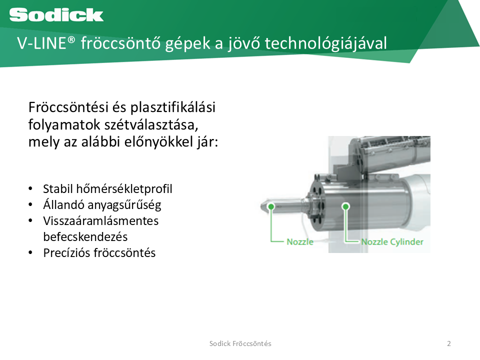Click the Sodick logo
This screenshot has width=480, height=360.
point(56,15)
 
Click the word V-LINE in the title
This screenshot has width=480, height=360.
point(41,43)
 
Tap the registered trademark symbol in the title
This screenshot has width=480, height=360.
point(71,40)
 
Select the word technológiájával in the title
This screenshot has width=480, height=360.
point(325,43)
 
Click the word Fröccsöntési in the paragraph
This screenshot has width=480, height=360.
point(68,107)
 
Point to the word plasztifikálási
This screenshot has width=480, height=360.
point(173,108)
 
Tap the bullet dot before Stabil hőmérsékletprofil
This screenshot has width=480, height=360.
point(30,188)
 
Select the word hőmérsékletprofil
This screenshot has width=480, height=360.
point(124,189)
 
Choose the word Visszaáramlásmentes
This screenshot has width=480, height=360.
point(101,221)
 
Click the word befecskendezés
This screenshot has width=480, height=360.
point(85,237)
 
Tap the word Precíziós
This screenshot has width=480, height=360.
point(66,253)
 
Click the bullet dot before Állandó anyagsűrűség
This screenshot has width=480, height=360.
point(30,204)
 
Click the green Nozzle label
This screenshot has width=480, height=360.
point(300,242)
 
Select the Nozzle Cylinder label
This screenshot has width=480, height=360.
point(392,242)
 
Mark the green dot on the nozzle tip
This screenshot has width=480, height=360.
point(271,206)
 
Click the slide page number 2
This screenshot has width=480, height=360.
point(449,343)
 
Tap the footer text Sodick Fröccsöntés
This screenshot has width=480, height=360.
point(240,343)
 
